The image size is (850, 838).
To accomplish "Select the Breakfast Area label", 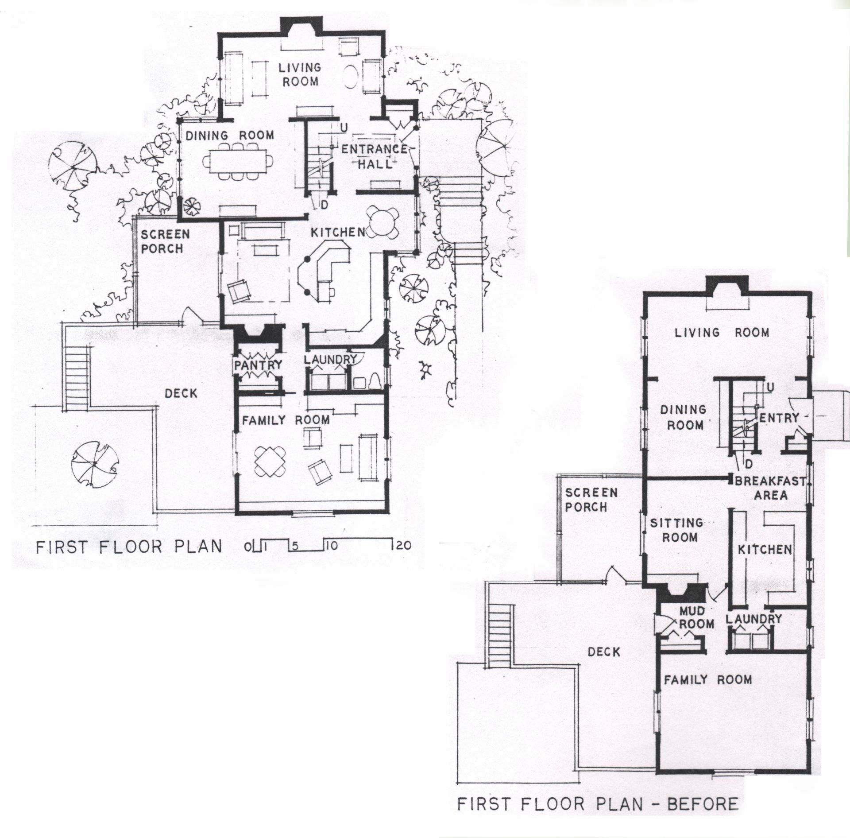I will [770, 488].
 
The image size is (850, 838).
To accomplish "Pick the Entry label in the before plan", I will [779, 418].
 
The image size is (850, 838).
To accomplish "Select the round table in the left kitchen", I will [383, 221].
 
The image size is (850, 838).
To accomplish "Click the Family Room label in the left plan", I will [285, 419].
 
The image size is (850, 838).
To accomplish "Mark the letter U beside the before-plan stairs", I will [770, 387].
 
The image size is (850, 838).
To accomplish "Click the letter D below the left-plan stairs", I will [325, 205].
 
